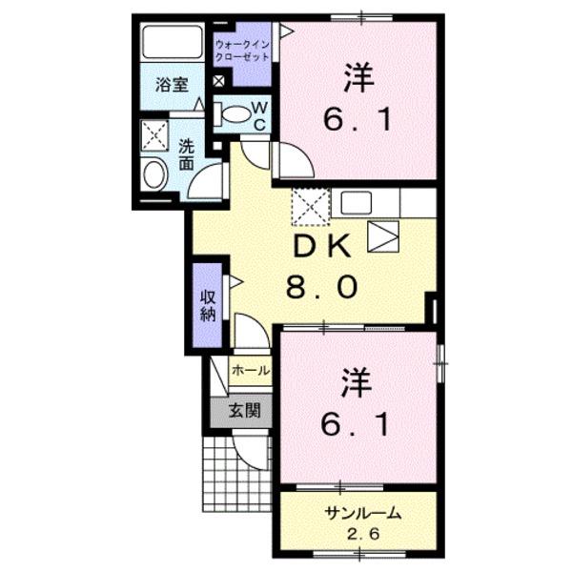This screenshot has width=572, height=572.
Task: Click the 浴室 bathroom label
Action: (x=172, y=83)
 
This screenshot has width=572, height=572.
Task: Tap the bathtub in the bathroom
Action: (x=173, y=43)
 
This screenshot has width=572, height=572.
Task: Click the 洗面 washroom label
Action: (x=187, y=154)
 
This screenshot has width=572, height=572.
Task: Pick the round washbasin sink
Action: (x=153, y=175)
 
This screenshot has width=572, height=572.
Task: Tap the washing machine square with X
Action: (x=153, y=135)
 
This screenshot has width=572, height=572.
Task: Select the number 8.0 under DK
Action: (x=323, y=285)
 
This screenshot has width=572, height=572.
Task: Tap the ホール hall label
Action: (x=251, y=370)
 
